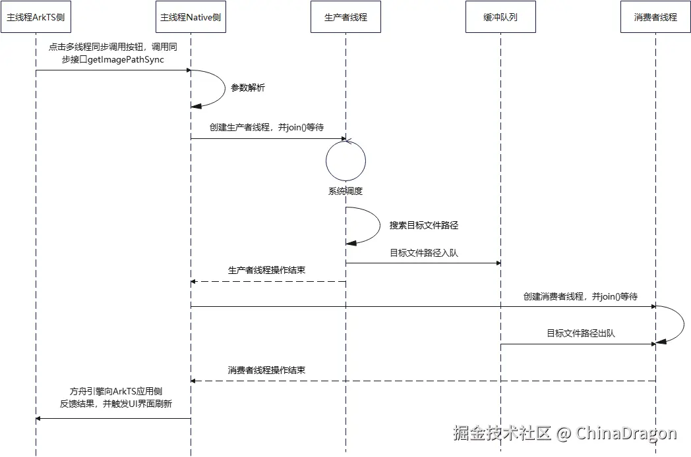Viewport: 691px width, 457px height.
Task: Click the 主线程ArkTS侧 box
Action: pyautogui.click(x=36, y=17)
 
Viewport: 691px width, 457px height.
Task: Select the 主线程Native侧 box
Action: pyautogui.click(x=191, y=17)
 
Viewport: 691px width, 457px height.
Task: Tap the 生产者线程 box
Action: pyautogui.click(x=345, y=17)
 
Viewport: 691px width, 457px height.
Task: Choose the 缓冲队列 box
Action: pyautogui.click(x=500, y=17)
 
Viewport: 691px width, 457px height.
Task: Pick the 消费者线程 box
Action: pyautogui.click(x=655, y=17)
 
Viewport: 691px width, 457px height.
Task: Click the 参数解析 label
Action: pyautogui.click(x=248, y=88)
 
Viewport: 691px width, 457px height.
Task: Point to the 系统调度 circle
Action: pyautogui.click(x=345, y=160)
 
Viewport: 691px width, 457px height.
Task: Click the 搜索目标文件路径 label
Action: pyautogui.click(x=423, y=225)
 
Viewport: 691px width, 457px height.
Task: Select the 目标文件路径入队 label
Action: pyautogui.click(x=423, y=253)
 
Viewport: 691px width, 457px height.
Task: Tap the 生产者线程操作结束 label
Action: pyautogui.click(x=266, y=271)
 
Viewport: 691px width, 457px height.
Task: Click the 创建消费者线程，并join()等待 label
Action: pyautogui.click(x=580, y=297)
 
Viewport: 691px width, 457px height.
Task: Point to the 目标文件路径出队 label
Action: pyautogui.click(x=580, y=334)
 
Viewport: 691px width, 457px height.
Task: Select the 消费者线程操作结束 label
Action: pyautogui.click(x=266, y=370)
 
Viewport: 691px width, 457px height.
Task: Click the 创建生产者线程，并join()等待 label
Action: pyautogui.click(x=266, y=128)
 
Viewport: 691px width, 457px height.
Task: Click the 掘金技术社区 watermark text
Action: pyautogui.click(x=502, y=433)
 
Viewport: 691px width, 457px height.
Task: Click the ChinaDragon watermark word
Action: pyautogui.click(x=626, y=433)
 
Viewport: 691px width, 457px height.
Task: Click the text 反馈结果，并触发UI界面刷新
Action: pyautogui.click(x=116, y=404)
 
